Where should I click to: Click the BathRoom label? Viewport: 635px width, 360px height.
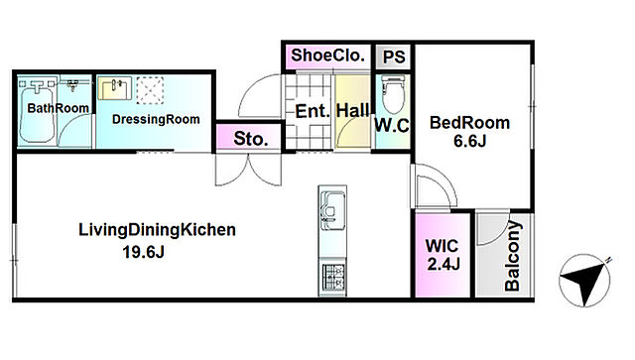tap(58, 108)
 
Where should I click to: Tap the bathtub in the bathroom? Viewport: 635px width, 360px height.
tap(37, 114)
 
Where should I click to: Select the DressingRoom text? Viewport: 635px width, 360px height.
tap(156, 119)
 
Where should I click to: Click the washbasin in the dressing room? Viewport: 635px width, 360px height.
tap(115, 88)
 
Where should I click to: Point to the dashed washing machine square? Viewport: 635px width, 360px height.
tap(150, 90)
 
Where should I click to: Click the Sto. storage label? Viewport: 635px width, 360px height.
tap(251, 139)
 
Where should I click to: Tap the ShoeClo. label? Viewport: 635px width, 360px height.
tap(328, 56)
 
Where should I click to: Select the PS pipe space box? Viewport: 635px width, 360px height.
tap(394, 57)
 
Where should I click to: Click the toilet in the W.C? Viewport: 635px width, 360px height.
tap(393, 94)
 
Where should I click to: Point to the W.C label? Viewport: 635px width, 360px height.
tap(392, 126)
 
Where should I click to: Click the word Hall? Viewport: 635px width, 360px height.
tap(353, 110)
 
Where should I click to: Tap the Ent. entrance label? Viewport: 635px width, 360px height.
tap(313, 111)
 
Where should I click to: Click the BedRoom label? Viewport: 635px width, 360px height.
tap(469, 123)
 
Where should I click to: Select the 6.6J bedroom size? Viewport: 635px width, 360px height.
tap(469, 142)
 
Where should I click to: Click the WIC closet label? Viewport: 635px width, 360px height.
tap(442, 245)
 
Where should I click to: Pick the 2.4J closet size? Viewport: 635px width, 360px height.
tap(444, 265)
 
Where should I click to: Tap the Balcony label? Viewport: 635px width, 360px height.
tap(512, 256)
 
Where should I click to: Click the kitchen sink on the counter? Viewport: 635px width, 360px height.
tap(332, 210)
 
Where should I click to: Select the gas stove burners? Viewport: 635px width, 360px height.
tap(332, 277)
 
